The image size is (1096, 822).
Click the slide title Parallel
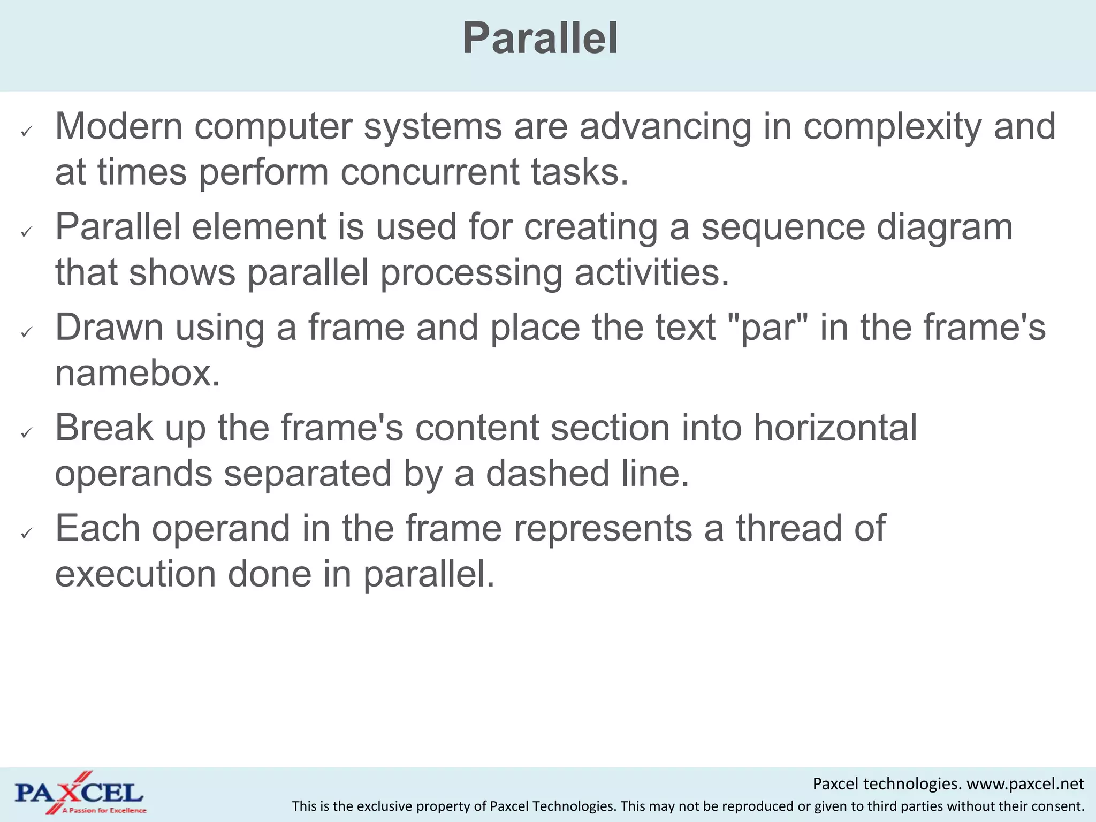pos(541,39)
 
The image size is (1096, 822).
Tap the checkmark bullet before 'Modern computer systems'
pos(27,131)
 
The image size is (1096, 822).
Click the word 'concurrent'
pos(430,172)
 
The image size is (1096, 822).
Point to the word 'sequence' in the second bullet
pos(783,227)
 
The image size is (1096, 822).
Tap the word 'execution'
pos(135,574)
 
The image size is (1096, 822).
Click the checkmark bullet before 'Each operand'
pos(27,533)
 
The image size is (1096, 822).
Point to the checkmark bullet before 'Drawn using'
pos(27,332)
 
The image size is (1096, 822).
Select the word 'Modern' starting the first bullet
pos(119,127)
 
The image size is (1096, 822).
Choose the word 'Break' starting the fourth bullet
pos(104,428)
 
